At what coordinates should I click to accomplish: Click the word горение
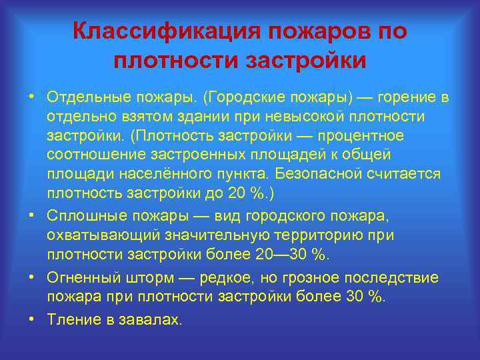[405, 98]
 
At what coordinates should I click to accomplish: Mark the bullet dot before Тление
[31, 319]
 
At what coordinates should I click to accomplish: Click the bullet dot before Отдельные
[31, 97]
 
